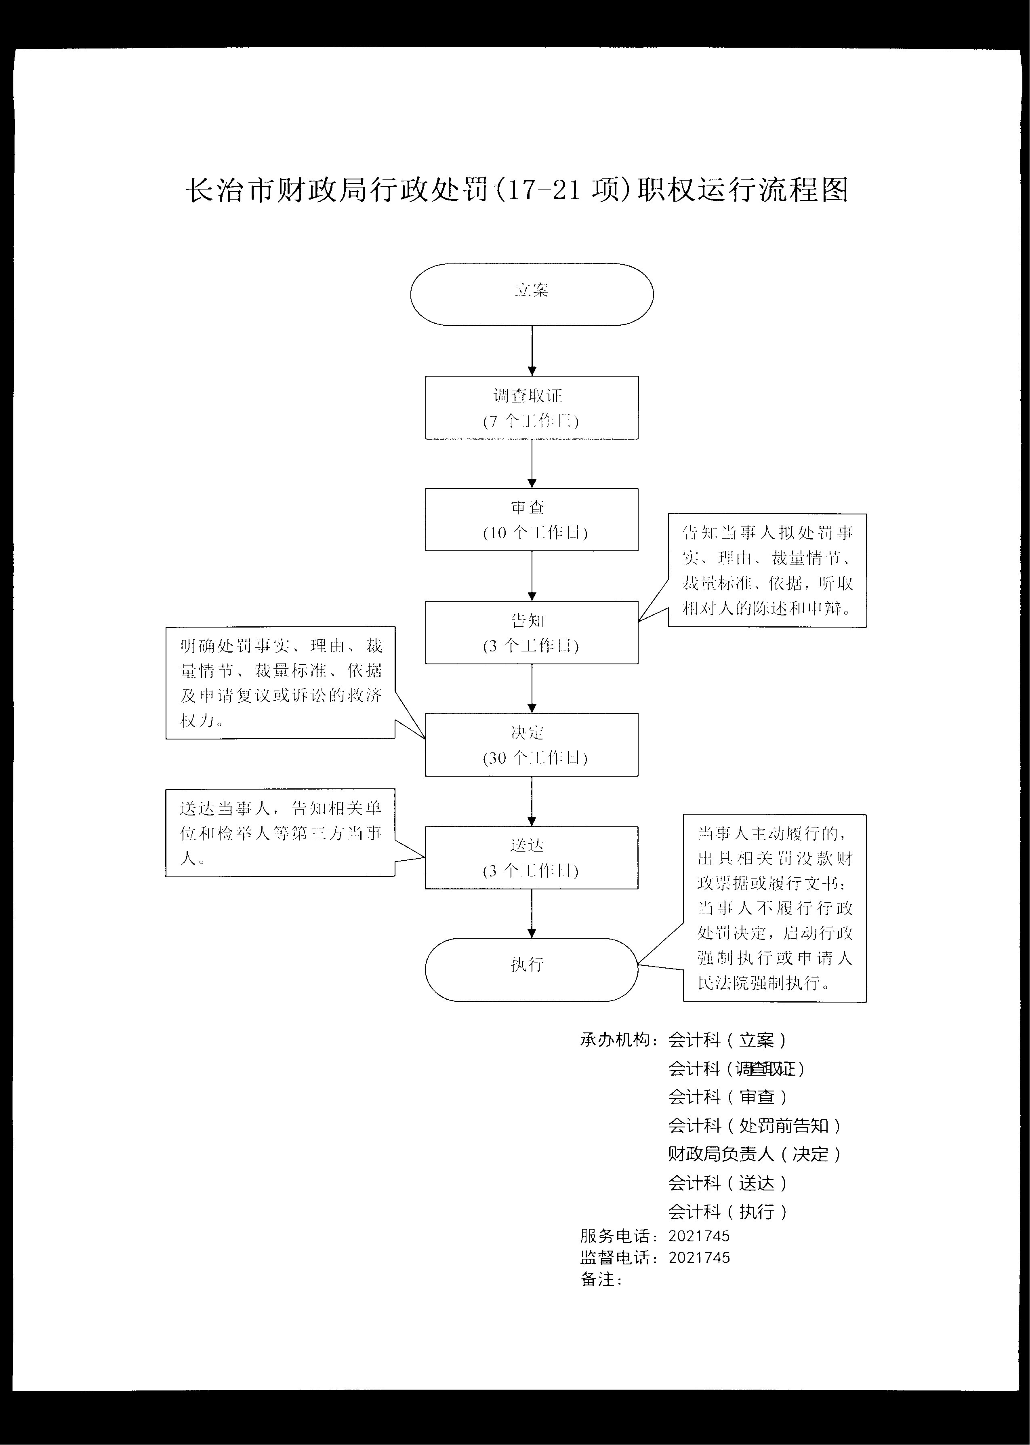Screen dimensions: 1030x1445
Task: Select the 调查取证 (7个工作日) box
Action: coord(532,407)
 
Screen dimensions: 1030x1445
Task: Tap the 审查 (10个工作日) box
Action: coord(532,520)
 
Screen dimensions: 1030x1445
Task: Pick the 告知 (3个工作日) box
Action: coord(532,632)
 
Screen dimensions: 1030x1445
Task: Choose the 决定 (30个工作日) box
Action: coord(532,745)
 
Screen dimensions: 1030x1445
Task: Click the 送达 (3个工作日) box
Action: coord(532,857)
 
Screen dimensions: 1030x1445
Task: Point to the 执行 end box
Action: coord(532,969)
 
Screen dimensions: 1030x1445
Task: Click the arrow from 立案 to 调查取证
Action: coord(532,351)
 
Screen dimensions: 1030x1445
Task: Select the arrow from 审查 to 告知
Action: coord(532,576)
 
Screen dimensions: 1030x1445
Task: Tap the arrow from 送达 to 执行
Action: coord(532,914)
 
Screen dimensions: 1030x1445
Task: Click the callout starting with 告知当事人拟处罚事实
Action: coord(767,570)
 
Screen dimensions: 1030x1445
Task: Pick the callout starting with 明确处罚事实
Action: coord(280,682)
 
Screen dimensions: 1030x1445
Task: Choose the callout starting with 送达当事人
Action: coord(280,833)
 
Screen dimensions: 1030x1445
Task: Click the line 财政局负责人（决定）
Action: coord(754,1154)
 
